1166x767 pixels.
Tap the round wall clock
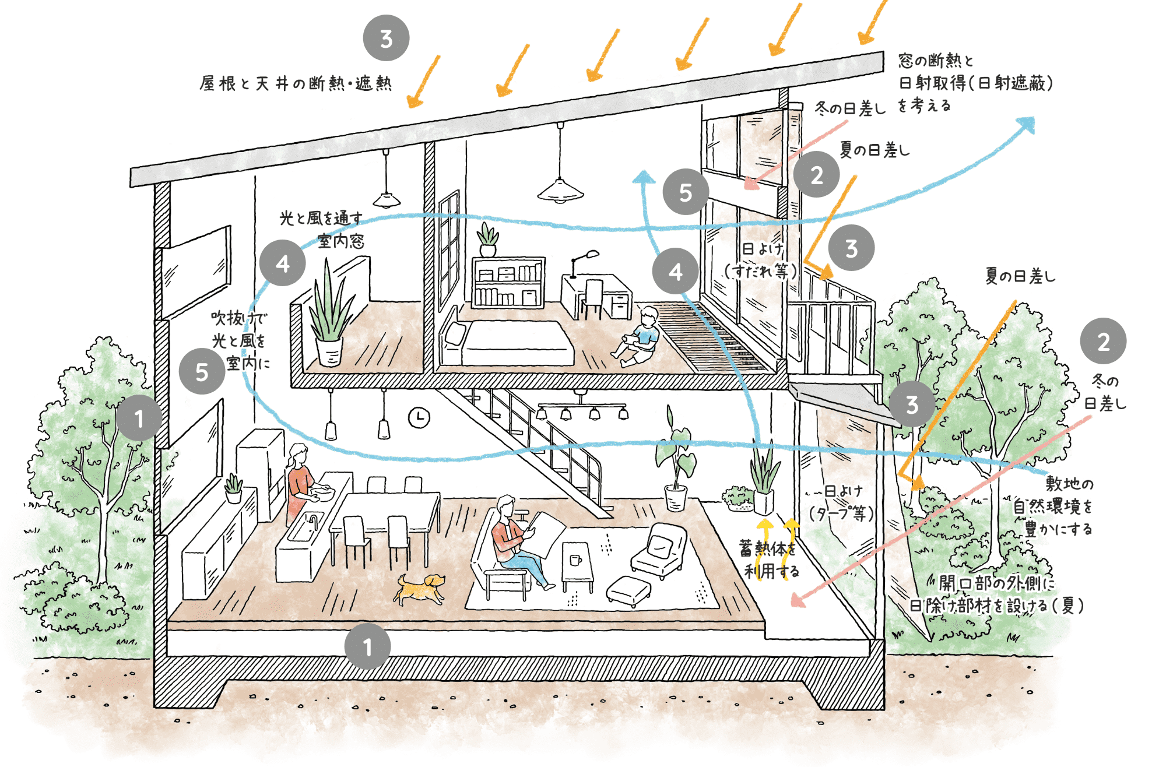coord(419,417)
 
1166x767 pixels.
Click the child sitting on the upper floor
coord(640,337)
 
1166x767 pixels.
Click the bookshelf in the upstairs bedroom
coord(508,283)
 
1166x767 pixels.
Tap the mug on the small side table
coord(575,560)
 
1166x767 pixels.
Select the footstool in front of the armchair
coord(628,590)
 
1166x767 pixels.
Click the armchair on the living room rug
coord(659,551)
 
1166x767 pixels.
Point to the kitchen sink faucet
coord(313,520)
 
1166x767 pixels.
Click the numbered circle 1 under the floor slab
coord(367,646)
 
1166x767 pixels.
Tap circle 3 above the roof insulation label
coord(386,38)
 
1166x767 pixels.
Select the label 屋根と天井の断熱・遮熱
coord(296,84)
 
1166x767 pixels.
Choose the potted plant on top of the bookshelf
coord(487,239)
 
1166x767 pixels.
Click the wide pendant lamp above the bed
coord(560,189)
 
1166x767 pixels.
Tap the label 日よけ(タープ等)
coord(841,502)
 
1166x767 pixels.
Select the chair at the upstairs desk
coord(592,297)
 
